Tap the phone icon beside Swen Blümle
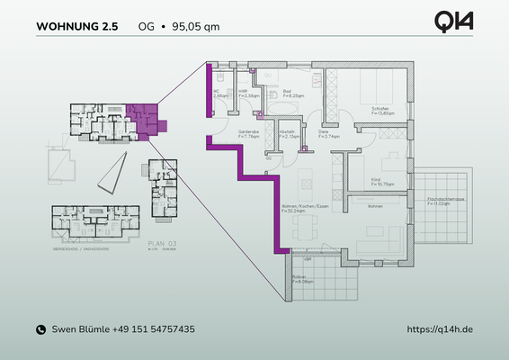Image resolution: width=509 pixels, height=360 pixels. (40, 330)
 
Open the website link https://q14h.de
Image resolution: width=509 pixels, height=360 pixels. (440, 330)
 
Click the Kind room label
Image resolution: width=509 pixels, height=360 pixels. (376, 181)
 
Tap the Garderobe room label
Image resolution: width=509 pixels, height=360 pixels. (248, 133)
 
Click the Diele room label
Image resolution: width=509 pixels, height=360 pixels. (322, 133)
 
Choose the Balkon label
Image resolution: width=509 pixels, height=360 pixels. (299, 278)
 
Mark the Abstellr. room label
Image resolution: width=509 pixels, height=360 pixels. (287, 133)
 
